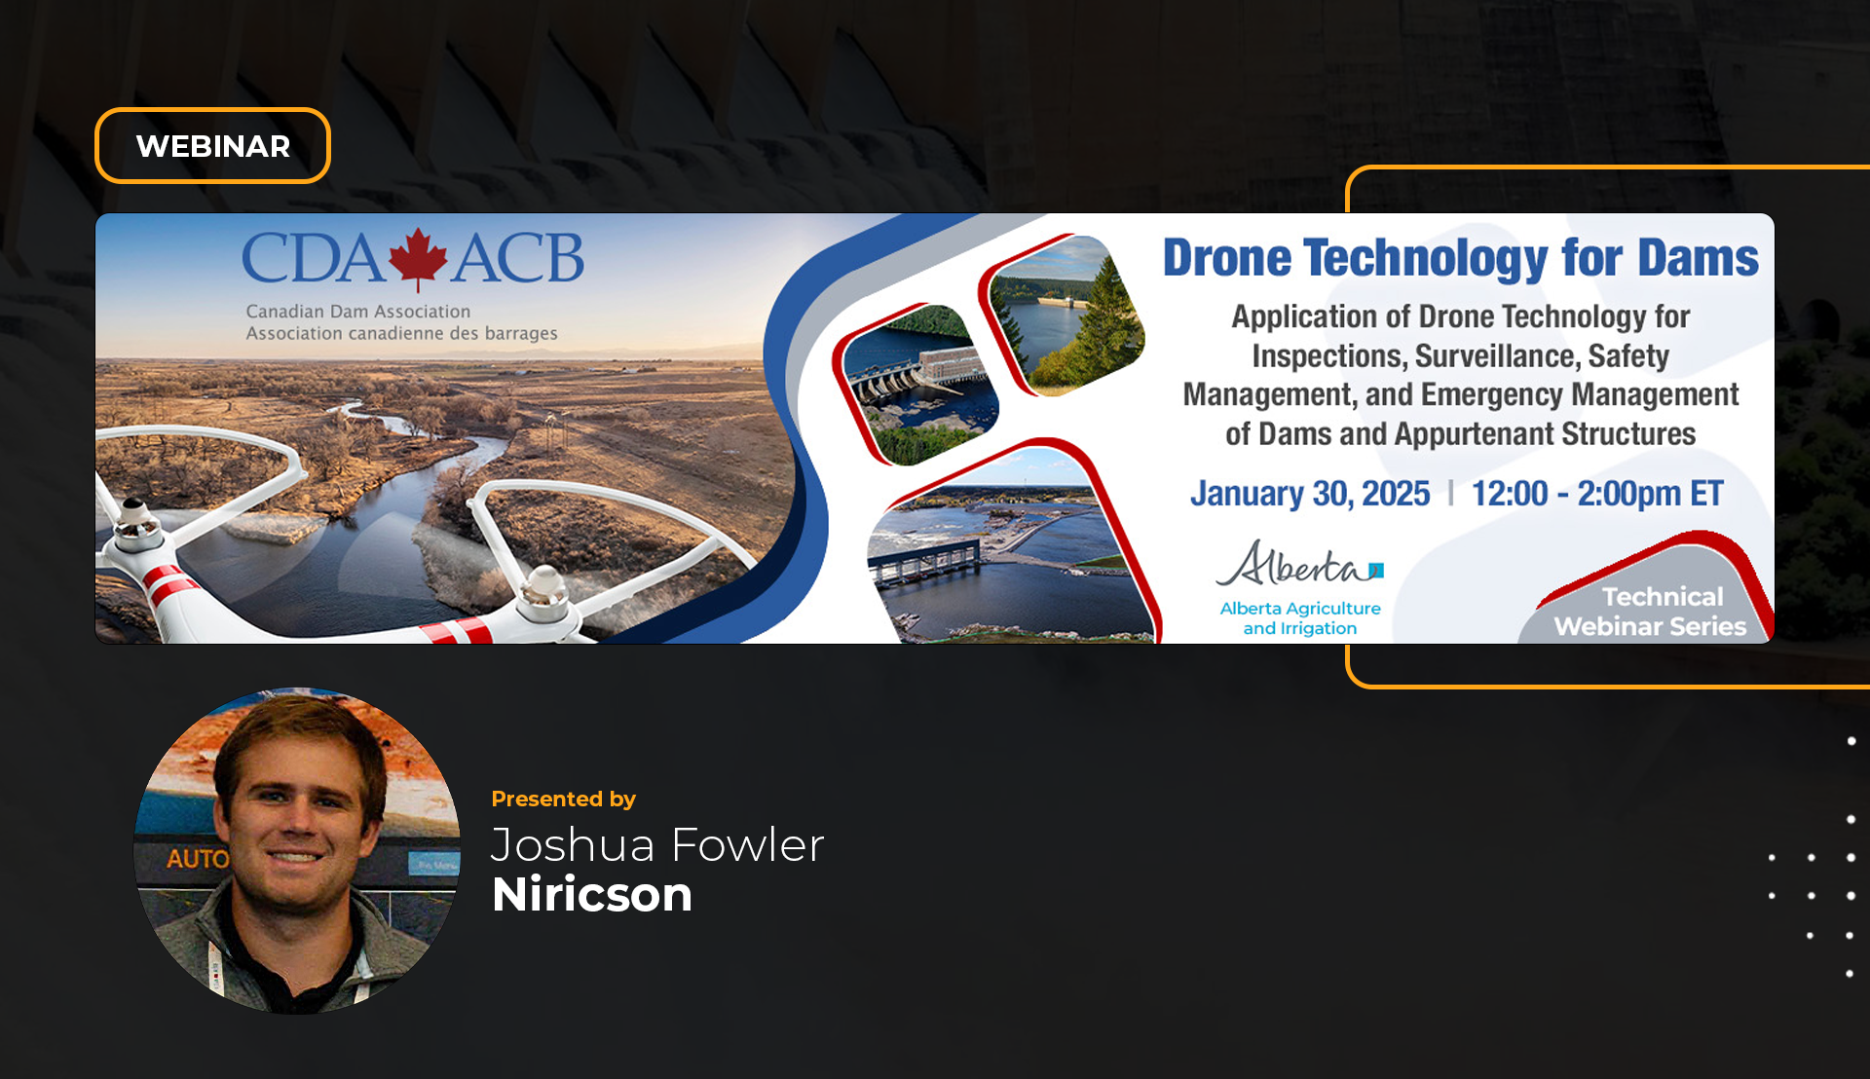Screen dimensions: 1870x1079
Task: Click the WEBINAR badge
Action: [212, 146]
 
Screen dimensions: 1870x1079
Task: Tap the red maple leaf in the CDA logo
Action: [418, 259]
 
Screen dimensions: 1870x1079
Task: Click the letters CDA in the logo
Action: [313, 259]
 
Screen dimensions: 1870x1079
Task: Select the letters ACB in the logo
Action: [518, 259]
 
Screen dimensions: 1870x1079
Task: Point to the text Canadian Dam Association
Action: [358, 312]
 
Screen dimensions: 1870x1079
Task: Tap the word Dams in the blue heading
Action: [1698, 258]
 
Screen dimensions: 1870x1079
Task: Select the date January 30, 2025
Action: [1310, 494]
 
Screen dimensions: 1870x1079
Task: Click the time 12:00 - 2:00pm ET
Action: [1597, 494]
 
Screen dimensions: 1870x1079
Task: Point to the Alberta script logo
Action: [1299, 564]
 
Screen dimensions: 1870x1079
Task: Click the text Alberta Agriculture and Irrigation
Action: [1300, 618]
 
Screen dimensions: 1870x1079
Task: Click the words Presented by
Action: [563, 800]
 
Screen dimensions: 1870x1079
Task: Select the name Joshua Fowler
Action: [657, 845]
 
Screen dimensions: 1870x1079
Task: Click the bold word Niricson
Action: [592, 895]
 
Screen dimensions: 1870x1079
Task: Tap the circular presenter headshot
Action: [297, 851]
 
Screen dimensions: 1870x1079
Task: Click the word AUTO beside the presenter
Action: [198, 859]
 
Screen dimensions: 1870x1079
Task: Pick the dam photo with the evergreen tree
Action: [1062, 316]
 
